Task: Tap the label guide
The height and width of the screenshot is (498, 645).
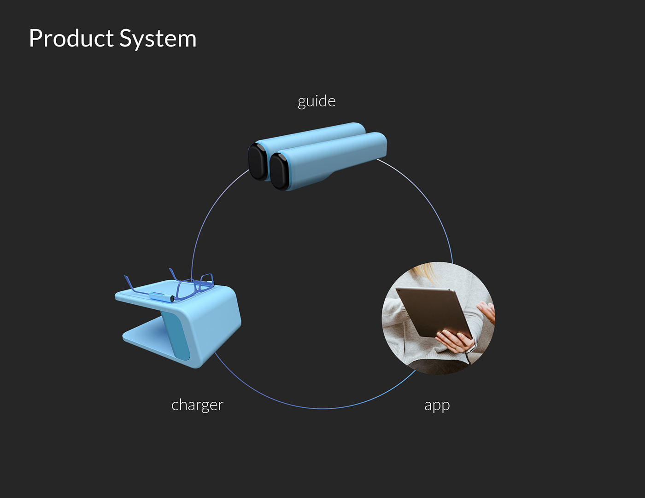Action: (x=317, y=101)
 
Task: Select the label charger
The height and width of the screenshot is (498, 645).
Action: (x=197, y=405)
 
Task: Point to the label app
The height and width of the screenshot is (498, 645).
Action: (x=437, y=405)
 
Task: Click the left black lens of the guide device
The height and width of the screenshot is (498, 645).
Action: (x=257, y=162)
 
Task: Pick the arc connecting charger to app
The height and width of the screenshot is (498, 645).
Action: (x=322, y=408)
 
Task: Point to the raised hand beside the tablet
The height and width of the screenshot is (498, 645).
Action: (x=486, y=311)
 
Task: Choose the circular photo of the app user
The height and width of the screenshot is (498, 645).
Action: (x=438, y=318)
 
